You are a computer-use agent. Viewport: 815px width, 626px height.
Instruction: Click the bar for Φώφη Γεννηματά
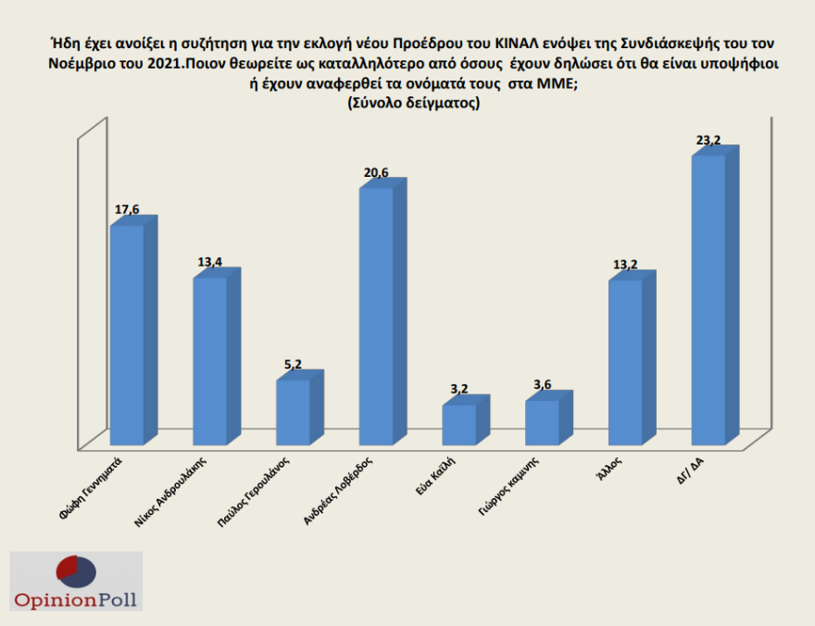(x=127, y=333)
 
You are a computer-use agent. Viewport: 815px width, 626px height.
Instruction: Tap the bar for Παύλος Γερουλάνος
(x=294, y=411)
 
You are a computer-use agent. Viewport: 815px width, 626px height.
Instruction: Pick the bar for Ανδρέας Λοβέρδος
(x=376, y=315)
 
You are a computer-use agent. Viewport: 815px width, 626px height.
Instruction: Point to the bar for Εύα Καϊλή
(x=459, y=423)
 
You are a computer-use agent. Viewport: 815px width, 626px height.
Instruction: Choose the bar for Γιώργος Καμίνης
(x=542, y=421)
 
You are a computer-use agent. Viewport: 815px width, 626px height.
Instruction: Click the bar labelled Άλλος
(x=625, y=361)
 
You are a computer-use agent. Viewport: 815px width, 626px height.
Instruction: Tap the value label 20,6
(x=374, y=173)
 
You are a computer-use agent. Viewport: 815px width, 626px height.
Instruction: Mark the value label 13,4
(x=210, y=262)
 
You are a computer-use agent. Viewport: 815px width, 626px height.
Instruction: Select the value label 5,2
(x=293, y=366)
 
